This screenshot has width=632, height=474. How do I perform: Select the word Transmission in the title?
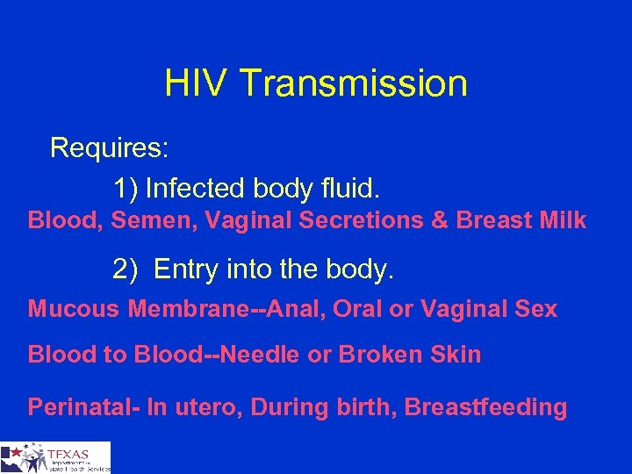click(x=353, y=84)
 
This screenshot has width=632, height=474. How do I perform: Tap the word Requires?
click(x=110, y=147)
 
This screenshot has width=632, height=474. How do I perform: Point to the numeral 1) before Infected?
click(x=126, y=188)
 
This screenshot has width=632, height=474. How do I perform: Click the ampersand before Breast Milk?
click(x=440, y=220)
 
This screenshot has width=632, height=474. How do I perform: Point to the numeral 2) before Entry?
click(x=126, y=269)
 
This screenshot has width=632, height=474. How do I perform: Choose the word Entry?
click(x=183, y=269)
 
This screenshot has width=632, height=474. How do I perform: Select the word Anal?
click(x=294, y=309)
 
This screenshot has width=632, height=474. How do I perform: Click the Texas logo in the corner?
click(x=55, y=457)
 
